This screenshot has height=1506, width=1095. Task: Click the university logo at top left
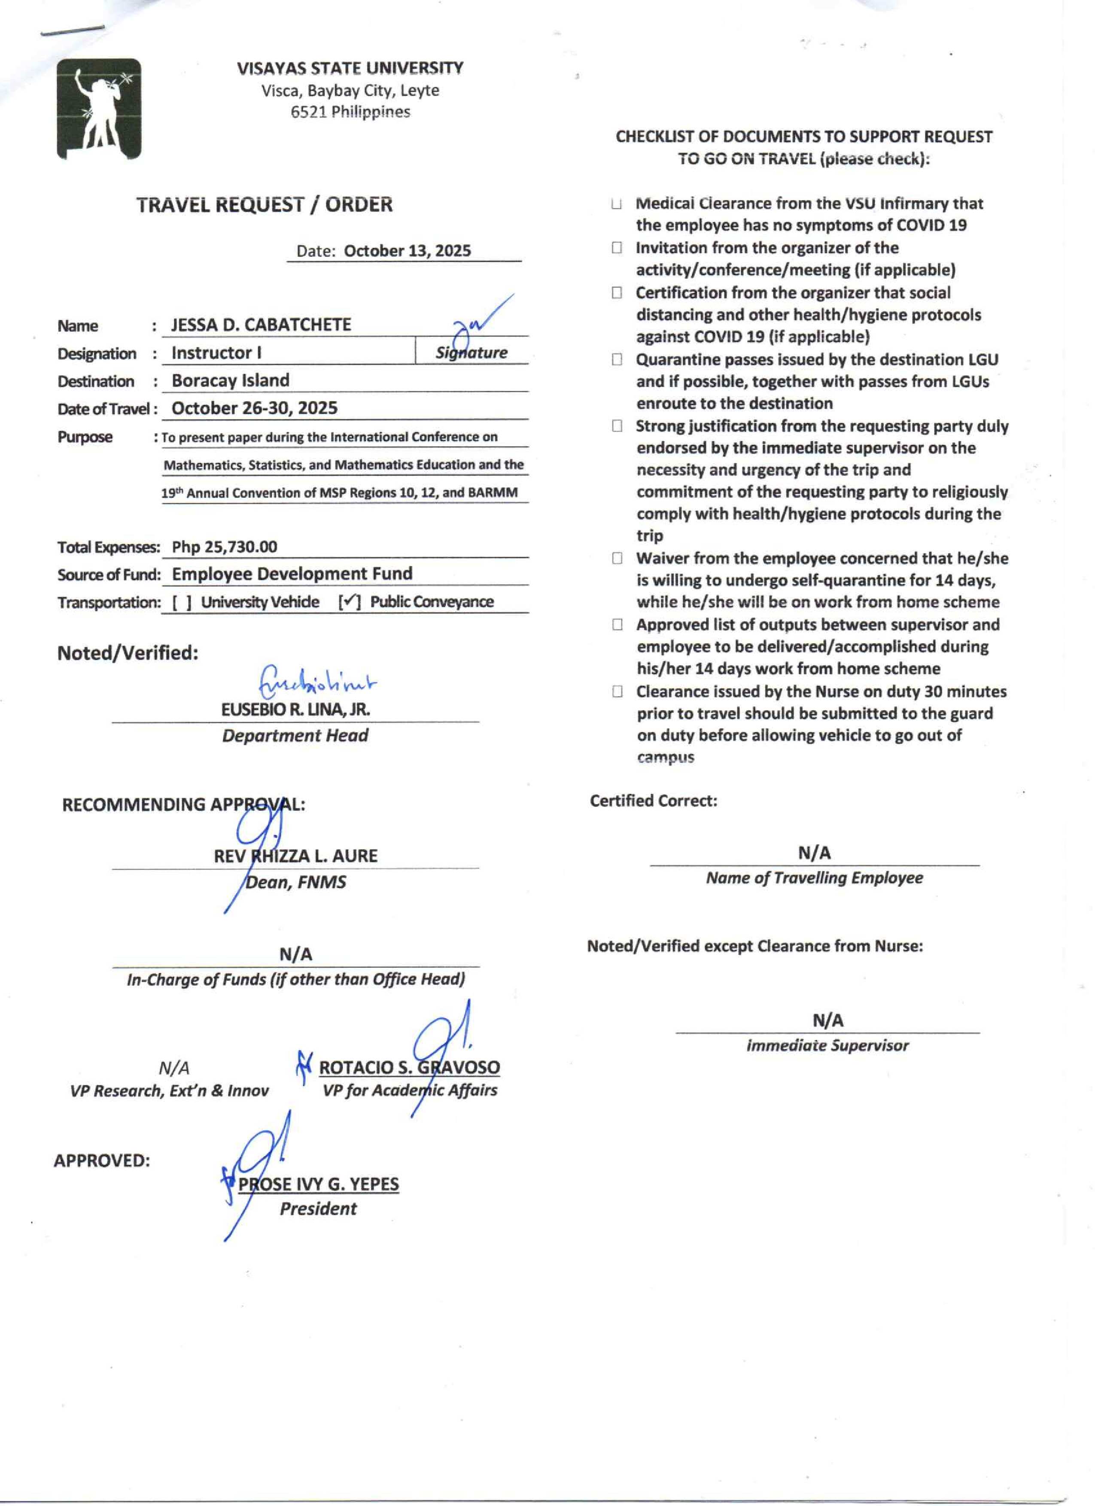pyautogui.click(x=99, y=109)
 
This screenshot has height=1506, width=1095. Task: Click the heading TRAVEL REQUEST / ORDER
pyautogui.click(x=264, y=204)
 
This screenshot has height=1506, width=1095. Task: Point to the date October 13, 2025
pyautogui.click(x=407, y=251)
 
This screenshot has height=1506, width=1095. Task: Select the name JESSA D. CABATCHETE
pyautogui.click(x=261, y=325)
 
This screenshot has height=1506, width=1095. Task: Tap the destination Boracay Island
pyautogui.click(x=231, y=380)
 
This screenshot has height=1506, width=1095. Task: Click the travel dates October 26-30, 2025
pyautogui.click(x=254, y=408)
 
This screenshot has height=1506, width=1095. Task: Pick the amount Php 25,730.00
pyautogui.click(x=225, y=547)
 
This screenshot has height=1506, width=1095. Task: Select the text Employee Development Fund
pyautogui.click(x=292, y=574)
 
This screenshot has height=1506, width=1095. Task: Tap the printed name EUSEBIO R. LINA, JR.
pyautogui.click(x=295, y=709)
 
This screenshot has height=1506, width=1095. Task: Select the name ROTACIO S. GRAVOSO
pyautogui.click(x=409, y=1068)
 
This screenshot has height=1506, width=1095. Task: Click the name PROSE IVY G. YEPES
pyautogui.click(x=319, y=1184)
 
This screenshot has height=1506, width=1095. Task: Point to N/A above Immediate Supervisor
pyautogui.click(x=827, y=1020)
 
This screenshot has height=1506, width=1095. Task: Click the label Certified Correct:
pyautogui.click(x=654, y=801)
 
